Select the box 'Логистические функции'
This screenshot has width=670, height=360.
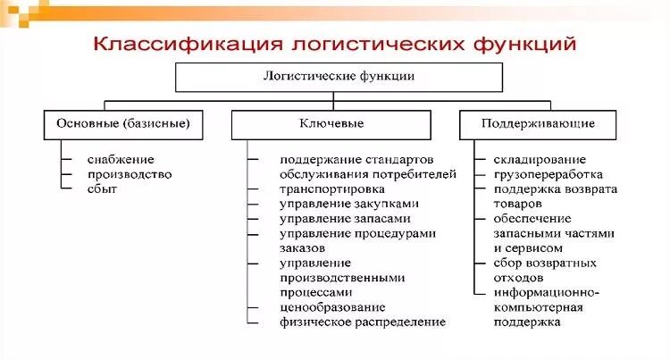pos(339,77)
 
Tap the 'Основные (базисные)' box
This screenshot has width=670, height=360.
pos(122,123)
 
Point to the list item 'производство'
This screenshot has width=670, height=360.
pos(130,174)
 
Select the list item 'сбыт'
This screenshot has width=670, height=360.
pos(102,188)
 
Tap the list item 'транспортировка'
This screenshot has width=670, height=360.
pos(331,189)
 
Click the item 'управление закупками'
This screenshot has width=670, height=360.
pos(348,204)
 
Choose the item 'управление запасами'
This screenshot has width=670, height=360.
pos(345,219)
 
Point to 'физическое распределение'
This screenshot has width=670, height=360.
pos(361,322)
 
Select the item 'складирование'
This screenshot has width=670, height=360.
pos(540,160)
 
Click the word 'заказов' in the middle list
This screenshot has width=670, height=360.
pos(301,247)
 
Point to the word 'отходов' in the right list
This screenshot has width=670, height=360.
pos(518,277)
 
